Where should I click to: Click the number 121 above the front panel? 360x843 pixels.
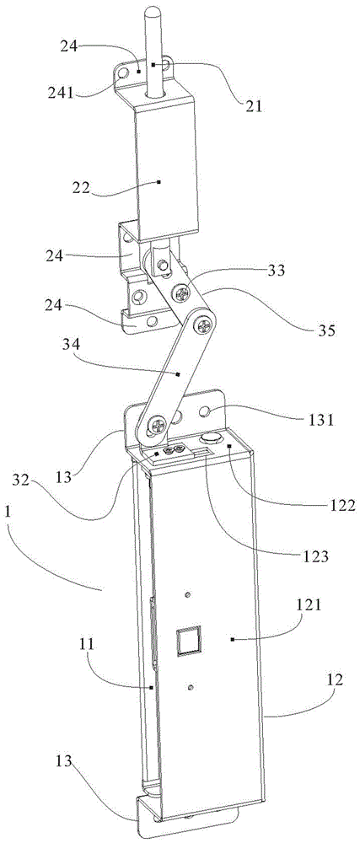coord(308,606)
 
